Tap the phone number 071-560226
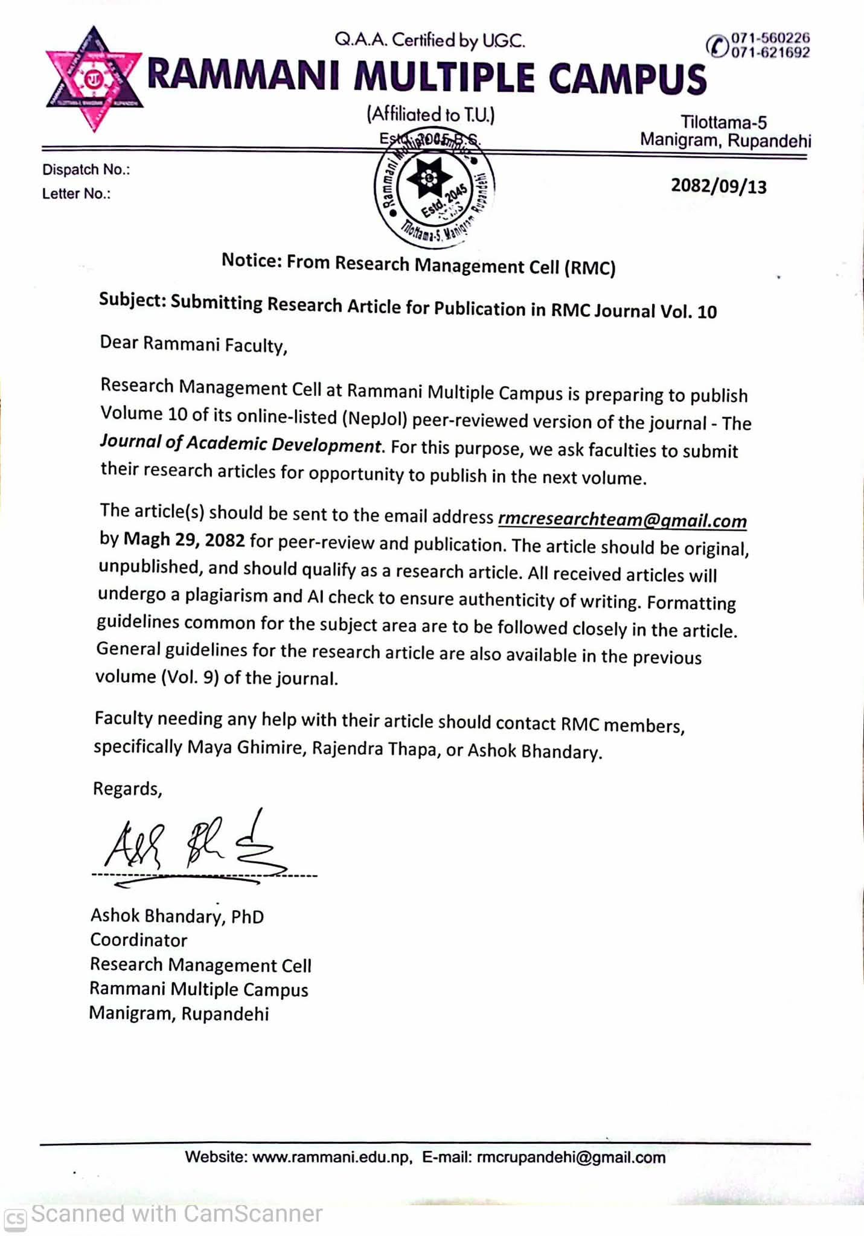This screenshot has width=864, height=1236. click(770, 39)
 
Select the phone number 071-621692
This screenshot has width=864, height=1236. click(770, 53)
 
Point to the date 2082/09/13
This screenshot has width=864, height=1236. click(718, 186)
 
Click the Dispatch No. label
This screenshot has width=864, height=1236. click(86, 170)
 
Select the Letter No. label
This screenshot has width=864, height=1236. click(76, 194)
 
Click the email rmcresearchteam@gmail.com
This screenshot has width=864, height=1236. click(622, 520)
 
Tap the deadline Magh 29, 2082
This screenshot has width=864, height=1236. click(184, 540)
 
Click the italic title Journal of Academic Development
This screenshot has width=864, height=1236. click(240, 444)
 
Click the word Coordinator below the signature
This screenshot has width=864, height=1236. click(139, 940)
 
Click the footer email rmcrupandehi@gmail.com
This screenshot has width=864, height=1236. click(571, 1157)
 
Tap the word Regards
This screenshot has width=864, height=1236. click(127, 789)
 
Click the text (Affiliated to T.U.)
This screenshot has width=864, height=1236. click(430, 114)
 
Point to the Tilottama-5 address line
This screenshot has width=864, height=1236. click(723, 123)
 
